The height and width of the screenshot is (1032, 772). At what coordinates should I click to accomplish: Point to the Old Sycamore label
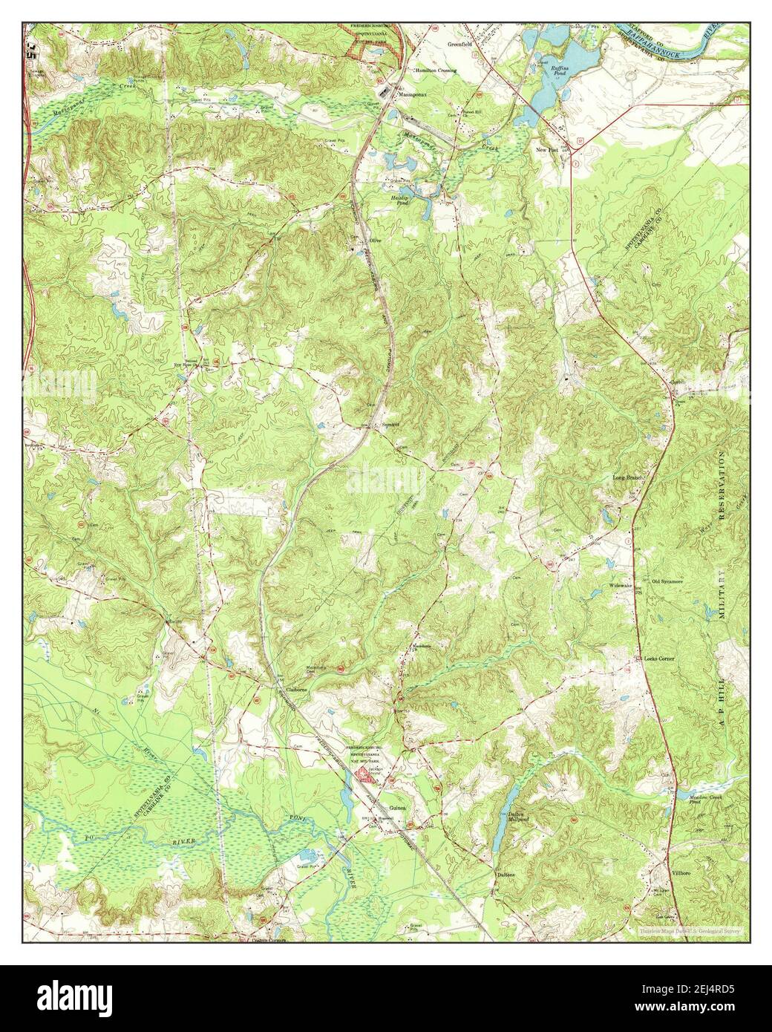tap(667, 582)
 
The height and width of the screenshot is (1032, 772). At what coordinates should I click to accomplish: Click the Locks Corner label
tap(659, 659)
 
